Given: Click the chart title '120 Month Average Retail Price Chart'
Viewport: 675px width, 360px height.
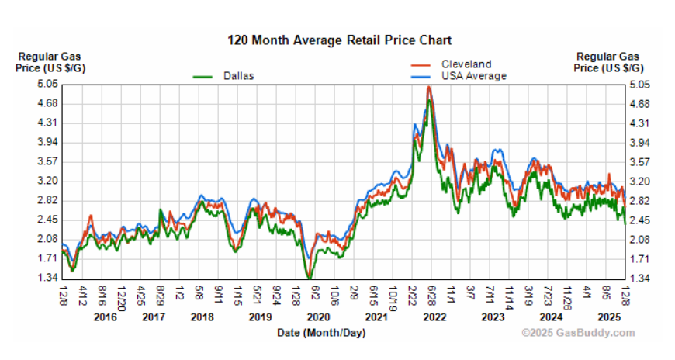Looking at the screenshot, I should pyautogui.click(x=338, y=40).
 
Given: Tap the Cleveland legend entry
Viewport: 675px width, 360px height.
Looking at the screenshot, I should pyautogui.click(x=466, y=64).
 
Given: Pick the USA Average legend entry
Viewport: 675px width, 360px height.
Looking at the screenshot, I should pyautogui.click(x=473, y=76).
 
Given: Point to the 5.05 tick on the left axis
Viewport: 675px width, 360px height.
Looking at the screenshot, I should pyautogui.click(x=48, y=84).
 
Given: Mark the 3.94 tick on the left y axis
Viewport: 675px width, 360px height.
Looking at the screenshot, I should pyautogui.click(x=48, y=142).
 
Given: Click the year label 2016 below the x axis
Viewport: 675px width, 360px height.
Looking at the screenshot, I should pyautogui.click(x=106, y=317).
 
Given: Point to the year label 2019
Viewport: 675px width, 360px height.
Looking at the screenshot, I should pyautogui.click(x=258, y=317).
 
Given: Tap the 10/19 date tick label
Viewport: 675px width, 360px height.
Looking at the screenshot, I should pyautogui.click(x=392, y=295).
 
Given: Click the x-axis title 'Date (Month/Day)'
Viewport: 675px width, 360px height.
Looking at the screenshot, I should pyautogui.click(x=320, y=333).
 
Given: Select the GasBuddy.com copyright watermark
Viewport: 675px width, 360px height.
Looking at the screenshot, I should pyautogui.click(x=578, y=333).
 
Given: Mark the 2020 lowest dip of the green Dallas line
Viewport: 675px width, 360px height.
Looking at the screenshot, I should pyautogui.click(x=310, y=277).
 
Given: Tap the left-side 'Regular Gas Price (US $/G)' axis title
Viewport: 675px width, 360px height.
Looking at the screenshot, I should pyautogui.click(x=49, y=62).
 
